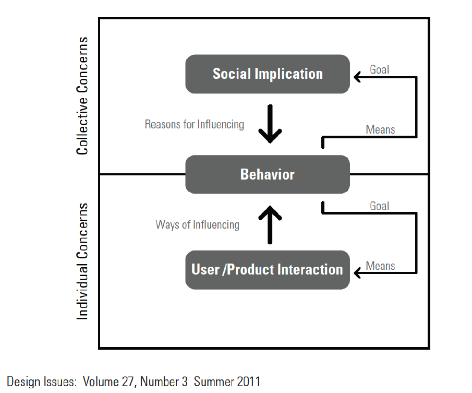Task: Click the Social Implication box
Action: click(x=268, y=74)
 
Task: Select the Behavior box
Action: click(x=268, y=174)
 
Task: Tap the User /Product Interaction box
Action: click(x=268, y=270)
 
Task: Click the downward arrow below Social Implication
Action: click(x=270, y=124)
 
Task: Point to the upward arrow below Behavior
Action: click(x=270, y=224)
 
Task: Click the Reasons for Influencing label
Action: click(x=195, y=124)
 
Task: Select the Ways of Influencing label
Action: click(x=198, y=225)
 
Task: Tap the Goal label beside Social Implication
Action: click(x=379, y=69)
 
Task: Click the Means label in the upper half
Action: click(x=380, y=129)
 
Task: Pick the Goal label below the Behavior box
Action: click(x=379, y=206)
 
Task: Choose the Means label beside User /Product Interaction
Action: click(x=380, y=266)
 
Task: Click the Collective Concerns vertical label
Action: click(x=82, y=96)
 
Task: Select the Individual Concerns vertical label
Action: click(x=82, y=261)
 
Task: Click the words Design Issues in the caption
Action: click(x=41, y=382)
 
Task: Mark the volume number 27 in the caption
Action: click(x=127, y=382)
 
